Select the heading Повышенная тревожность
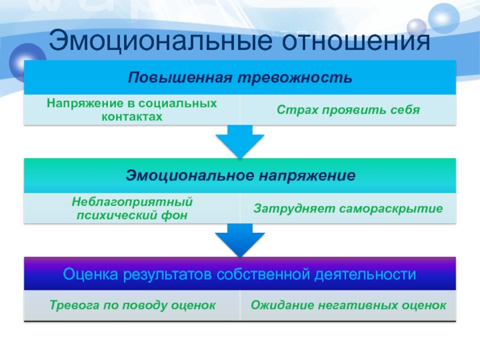coord(240,78)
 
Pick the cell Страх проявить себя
coord(348,110)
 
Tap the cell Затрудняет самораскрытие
coord(348,209)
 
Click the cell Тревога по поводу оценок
coord(132,305)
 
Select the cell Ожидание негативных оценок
coord(348,305)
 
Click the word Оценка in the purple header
coord(91,275)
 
